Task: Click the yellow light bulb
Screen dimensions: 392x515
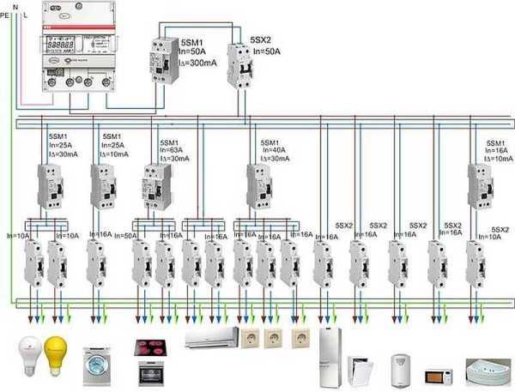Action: (57, 353)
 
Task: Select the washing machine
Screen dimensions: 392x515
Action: (96, 364)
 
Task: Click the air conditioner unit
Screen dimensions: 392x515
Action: (210, 338)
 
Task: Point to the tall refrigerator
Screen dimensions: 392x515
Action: (331, 353)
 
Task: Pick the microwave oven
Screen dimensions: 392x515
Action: (439, 373)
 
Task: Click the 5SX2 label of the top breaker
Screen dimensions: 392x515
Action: (262, 40)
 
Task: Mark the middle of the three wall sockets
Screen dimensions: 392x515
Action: (275, 337)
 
